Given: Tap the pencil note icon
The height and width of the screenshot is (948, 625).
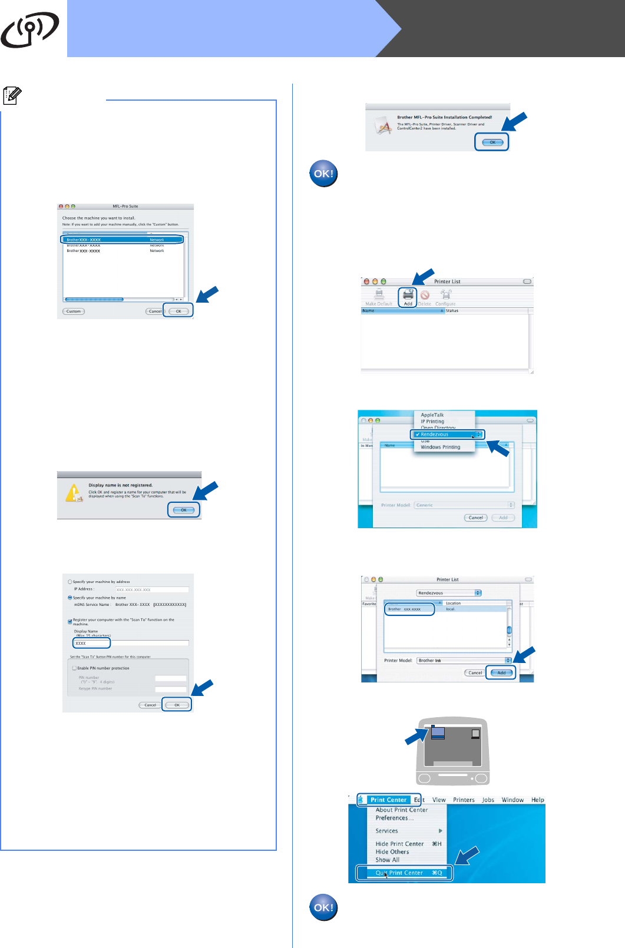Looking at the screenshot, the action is click(12, 95).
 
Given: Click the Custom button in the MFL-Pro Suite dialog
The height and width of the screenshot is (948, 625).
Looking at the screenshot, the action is click(74, 311).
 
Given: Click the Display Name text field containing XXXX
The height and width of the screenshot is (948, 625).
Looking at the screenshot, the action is click(92, 643).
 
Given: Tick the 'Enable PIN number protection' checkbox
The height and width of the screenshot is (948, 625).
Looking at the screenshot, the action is click(75, 668).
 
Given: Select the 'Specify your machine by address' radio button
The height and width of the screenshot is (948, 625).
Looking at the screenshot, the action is click(70, 582).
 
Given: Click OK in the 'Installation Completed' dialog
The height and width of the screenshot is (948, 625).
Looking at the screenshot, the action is click(492, 142).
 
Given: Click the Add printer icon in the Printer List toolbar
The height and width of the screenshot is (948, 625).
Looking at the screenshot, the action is click(408, 297).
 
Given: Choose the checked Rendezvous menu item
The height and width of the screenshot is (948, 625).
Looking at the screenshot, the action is click(447, 435).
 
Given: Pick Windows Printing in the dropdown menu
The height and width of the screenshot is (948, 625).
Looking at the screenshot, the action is click(440, 448).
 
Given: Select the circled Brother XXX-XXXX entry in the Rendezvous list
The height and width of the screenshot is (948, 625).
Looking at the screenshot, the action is click(409, 609).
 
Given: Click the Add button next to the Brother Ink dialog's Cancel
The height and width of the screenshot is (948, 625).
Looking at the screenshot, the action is click(501, 672).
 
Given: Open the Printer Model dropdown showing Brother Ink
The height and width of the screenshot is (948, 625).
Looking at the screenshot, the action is click(464, 661).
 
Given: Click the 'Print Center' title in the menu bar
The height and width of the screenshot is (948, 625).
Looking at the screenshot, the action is click(388, 800).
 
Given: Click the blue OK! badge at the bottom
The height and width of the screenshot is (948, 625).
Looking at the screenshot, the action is click(323, 907).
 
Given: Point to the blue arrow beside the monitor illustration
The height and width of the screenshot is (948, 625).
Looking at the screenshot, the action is click(416, 736).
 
